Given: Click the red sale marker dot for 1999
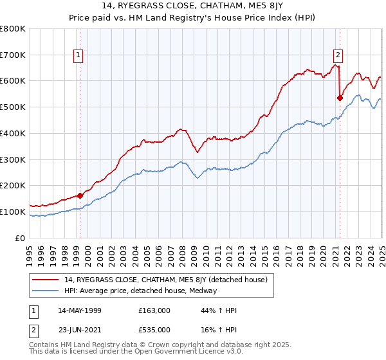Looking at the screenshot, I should (80, 195).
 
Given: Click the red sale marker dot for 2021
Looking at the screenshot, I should (340, 98).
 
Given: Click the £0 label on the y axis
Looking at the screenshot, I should (21, 238).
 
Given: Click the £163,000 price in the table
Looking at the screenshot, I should (154, 310).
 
